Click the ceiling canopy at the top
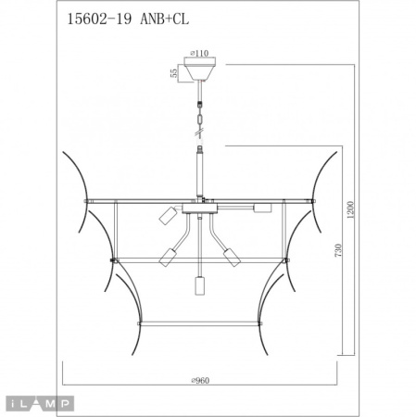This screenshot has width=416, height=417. pos(201,70)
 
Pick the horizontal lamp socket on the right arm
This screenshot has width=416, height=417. pos(261,208)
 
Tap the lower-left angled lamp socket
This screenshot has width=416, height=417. pos(169,257)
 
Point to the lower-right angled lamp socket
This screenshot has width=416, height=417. pos(233,257)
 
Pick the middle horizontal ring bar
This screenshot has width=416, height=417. pos(201,260)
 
